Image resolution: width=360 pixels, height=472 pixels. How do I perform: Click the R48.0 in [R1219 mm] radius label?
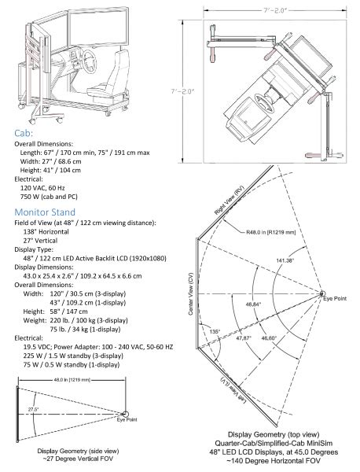click(265, 233)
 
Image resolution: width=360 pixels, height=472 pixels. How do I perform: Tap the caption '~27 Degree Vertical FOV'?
click(68, 457)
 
